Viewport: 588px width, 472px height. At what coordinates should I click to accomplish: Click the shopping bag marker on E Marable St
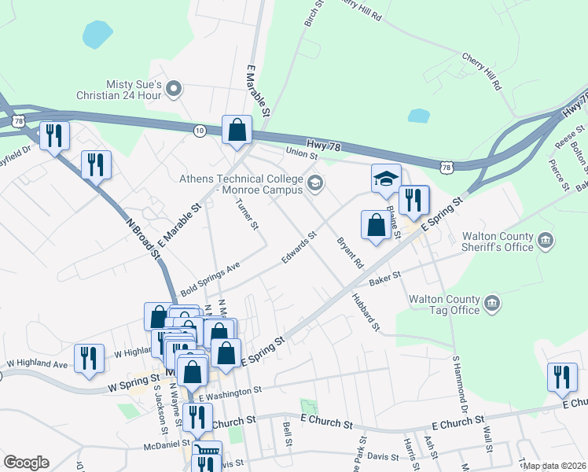237,131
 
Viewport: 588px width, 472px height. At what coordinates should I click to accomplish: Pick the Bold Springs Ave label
210,279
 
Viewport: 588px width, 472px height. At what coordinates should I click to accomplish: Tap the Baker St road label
385,277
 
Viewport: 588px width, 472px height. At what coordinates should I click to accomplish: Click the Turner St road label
247,213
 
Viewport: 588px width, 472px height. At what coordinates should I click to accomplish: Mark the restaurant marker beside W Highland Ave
90,358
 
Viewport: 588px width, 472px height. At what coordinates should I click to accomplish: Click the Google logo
26,463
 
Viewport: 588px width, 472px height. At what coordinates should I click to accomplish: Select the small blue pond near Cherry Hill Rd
419,116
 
